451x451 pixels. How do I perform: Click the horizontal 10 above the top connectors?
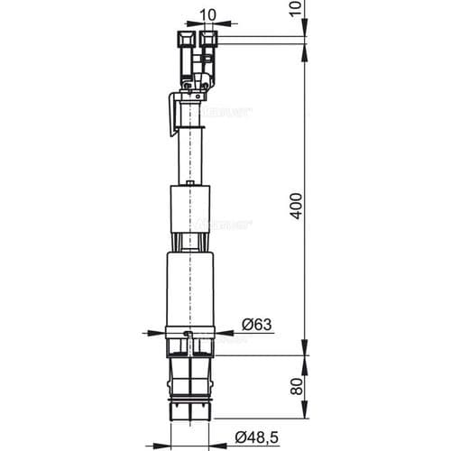pos(207,14)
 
